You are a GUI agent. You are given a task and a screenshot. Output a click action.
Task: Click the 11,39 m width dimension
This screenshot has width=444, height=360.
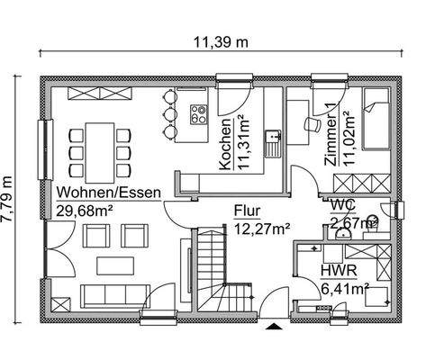click(222, 41)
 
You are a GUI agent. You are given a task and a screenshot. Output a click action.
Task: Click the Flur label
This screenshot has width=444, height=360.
click(248, 211)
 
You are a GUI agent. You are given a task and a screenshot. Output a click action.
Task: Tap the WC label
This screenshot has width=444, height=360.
click(341, 206)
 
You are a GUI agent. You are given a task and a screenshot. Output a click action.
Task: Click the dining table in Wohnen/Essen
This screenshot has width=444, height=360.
click(101, 147)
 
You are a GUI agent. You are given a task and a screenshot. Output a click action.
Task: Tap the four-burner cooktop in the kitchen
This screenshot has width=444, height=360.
click(199, 113)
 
